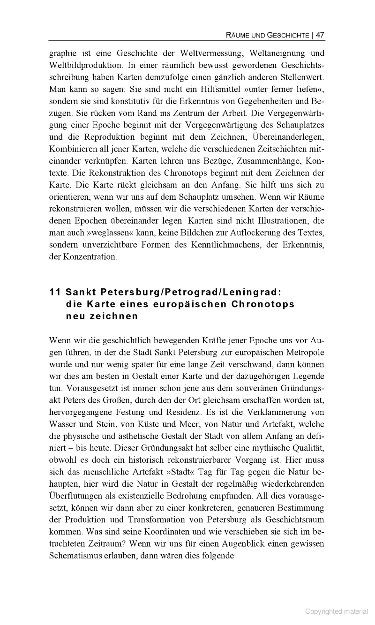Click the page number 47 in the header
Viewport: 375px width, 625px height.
[x=321, y=35]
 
